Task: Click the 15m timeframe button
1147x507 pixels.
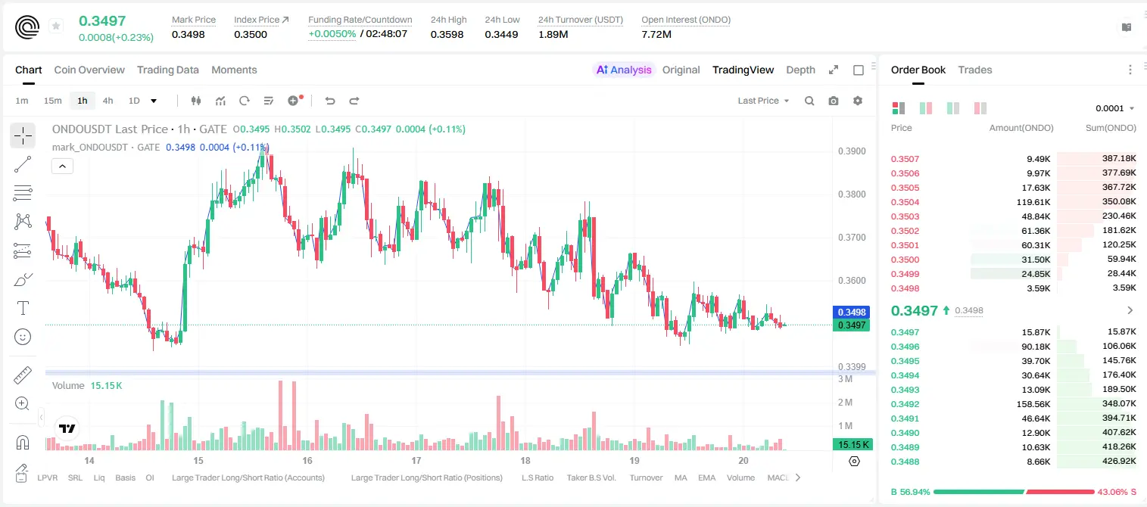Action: coord(52,101)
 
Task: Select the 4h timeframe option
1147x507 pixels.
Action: coord(108,101)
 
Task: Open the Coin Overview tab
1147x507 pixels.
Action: coord(89,70)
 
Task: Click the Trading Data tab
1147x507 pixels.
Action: coord(167,70)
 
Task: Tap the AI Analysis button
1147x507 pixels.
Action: coord(624,70)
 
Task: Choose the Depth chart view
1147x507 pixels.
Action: coord(800,70)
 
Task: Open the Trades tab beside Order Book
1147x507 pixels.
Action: coord(975,70)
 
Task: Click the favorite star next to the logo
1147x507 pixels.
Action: coord(56,26)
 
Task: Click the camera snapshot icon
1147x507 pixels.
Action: coord(834,101)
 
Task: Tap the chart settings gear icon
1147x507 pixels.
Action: coord(858,101)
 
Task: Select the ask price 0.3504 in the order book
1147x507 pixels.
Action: coord(905,202)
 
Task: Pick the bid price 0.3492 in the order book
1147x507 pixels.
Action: coord(905,404)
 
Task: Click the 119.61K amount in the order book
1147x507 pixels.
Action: coord(1033,202)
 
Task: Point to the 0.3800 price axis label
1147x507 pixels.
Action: coord(852,194)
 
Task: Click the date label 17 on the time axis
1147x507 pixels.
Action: coord(416,460)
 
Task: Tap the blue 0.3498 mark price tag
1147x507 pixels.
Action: coord(852,312)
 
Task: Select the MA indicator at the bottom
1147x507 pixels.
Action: coord(681,477)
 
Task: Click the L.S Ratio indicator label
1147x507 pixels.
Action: coord(537,477)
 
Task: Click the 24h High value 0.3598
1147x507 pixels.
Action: coord(447,34)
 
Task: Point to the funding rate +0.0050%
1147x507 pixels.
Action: coord(332,34)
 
